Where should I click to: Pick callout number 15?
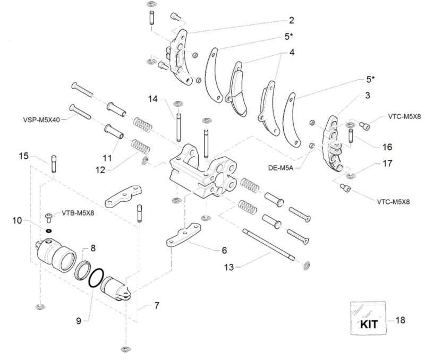click(23, 156)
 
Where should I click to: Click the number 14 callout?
click(153, 99)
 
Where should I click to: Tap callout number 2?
click(291, 21)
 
